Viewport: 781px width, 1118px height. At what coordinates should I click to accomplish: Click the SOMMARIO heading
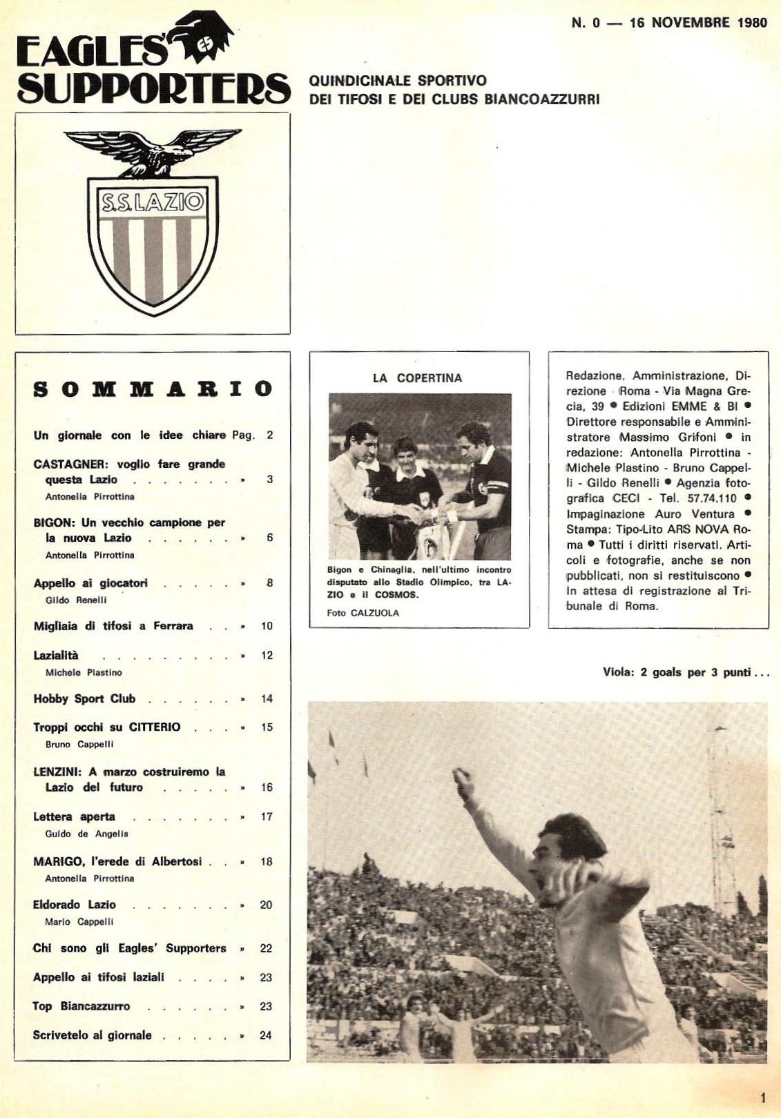coord(153,389)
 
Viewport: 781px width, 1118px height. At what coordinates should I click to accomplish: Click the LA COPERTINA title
coord(417,378)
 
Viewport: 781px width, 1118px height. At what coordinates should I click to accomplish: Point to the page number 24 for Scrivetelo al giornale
coord(266,1035)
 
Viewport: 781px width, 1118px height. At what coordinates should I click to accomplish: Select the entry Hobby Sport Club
coord(84,699)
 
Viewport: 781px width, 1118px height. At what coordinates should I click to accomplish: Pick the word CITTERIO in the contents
coord(155,727)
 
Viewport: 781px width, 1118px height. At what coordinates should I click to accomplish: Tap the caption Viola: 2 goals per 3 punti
coord(685,673)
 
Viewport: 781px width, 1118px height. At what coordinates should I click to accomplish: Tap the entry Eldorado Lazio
coord(75,905)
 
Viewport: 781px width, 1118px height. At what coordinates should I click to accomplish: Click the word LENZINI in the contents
coord(56,772)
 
